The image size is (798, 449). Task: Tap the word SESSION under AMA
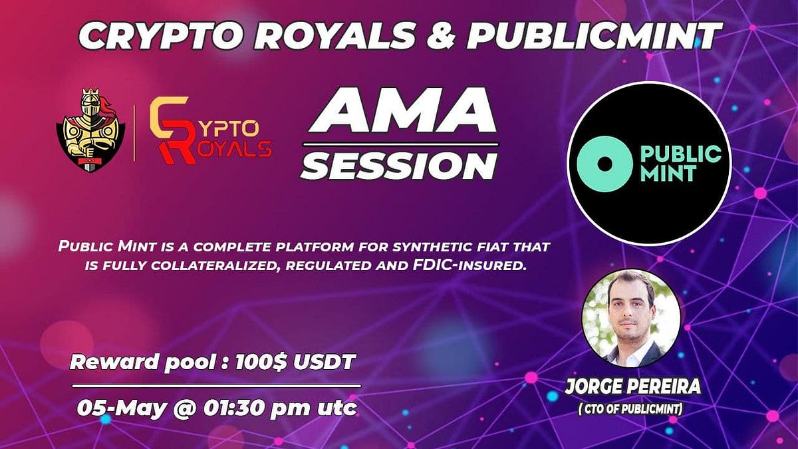[399, 166]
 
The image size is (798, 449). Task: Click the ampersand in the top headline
[440, 36]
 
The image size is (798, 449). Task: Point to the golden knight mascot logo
[91, 130]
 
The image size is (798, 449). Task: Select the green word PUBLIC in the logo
[681, 154]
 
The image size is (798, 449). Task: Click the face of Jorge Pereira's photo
[630, 313]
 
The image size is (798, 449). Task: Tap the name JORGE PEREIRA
[632, 388]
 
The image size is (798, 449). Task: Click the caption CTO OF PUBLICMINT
[631, 410]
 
